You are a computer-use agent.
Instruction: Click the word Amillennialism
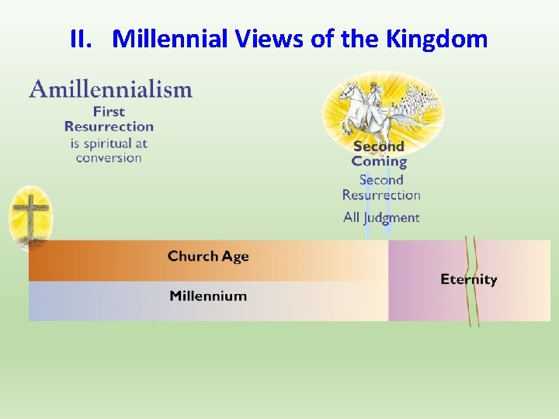(111, 89)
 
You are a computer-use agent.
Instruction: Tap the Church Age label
(208, 256)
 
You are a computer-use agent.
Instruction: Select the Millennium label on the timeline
(208, 296)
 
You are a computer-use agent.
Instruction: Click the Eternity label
(468, 279)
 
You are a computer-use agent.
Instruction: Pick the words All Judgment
(381, 217)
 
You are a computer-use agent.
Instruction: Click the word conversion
(109, 158)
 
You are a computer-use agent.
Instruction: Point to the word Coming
(379, 161)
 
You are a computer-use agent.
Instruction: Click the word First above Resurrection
(109, 112)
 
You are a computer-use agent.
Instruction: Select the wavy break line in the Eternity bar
(471, 279)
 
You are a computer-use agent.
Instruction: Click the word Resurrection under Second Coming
(381, 195)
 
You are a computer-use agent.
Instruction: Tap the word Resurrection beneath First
(109, 126)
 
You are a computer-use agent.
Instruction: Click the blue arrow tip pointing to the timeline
(387, 231)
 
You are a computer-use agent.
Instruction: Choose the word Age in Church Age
(234, 256)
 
